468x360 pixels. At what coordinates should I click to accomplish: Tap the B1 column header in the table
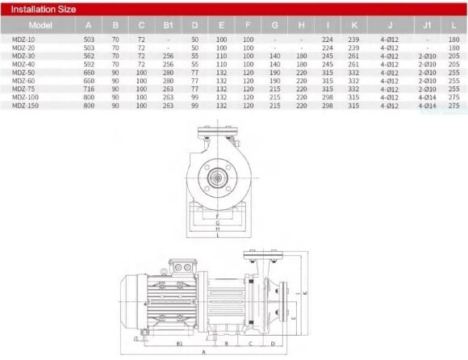click(x=168, y=25)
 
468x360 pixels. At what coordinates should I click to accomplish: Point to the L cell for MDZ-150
click(x=453, y=104)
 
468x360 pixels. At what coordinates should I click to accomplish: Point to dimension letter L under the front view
click(x=217, y=237)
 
